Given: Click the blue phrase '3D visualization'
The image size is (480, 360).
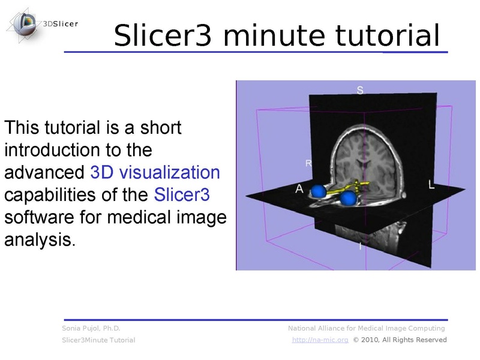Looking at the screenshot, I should point(155,173).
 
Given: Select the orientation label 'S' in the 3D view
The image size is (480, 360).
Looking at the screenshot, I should point(360,91).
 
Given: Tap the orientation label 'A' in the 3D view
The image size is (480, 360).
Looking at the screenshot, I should point(299,188).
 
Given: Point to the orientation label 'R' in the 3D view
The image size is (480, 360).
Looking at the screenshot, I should point(308,163).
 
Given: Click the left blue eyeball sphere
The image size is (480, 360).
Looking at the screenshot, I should point(317,192).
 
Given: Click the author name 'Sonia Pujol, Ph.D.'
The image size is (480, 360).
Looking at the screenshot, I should point(91,328).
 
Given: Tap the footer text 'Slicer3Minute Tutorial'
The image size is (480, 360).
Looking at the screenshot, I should point(98,340).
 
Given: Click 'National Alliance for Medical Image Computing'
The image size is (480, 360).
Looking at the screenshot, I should point(367,328).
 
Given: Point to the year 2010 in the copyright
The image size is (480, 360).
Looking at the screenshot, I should point(370,340).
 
